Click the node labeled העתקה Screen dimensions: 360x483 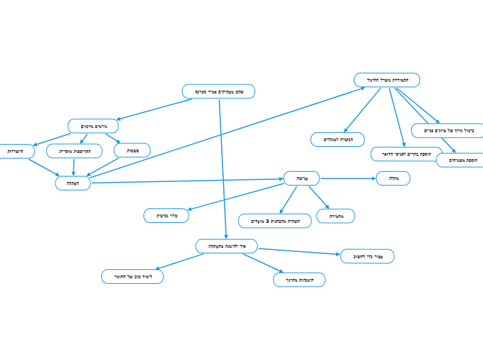pos(73,183)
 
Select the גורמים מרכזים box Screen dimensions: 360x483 pos(93,126)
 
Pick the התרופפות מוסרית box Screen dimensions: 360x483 pos(74,150)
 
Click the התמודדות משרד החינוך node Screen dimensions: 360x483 pos(387,80)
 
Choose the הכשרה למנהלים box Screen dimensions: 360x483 pos(337,139)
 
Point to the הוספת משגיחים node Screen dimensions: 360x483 pos(459,160)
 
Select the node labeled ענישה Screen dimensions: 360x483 pos(301,179)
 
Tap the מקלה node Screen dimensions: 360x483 pos(393,179)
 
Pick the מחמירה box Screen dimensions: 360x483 pos(335,216)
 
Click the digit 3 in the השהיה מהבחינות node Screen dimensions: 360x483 pos(266,221)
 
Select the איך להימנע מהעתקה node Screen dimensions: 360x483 pos(227,246)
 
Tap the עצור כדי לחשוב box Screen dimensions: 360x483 pos(367,256)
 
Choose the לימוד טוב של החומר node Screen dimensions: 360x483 pos(132,276)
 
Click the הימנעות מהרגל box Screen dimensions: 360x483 pos(299,280)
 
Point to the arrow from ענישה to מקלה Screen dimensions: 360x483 pos(348,179)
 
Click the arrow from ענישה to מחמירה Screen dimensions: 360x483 pos(319,197)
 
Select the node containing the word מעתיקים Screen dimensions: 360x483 pos(218,91)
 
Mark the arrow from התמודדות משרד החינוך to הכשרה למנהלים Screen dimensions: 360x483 pos(362,109)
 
